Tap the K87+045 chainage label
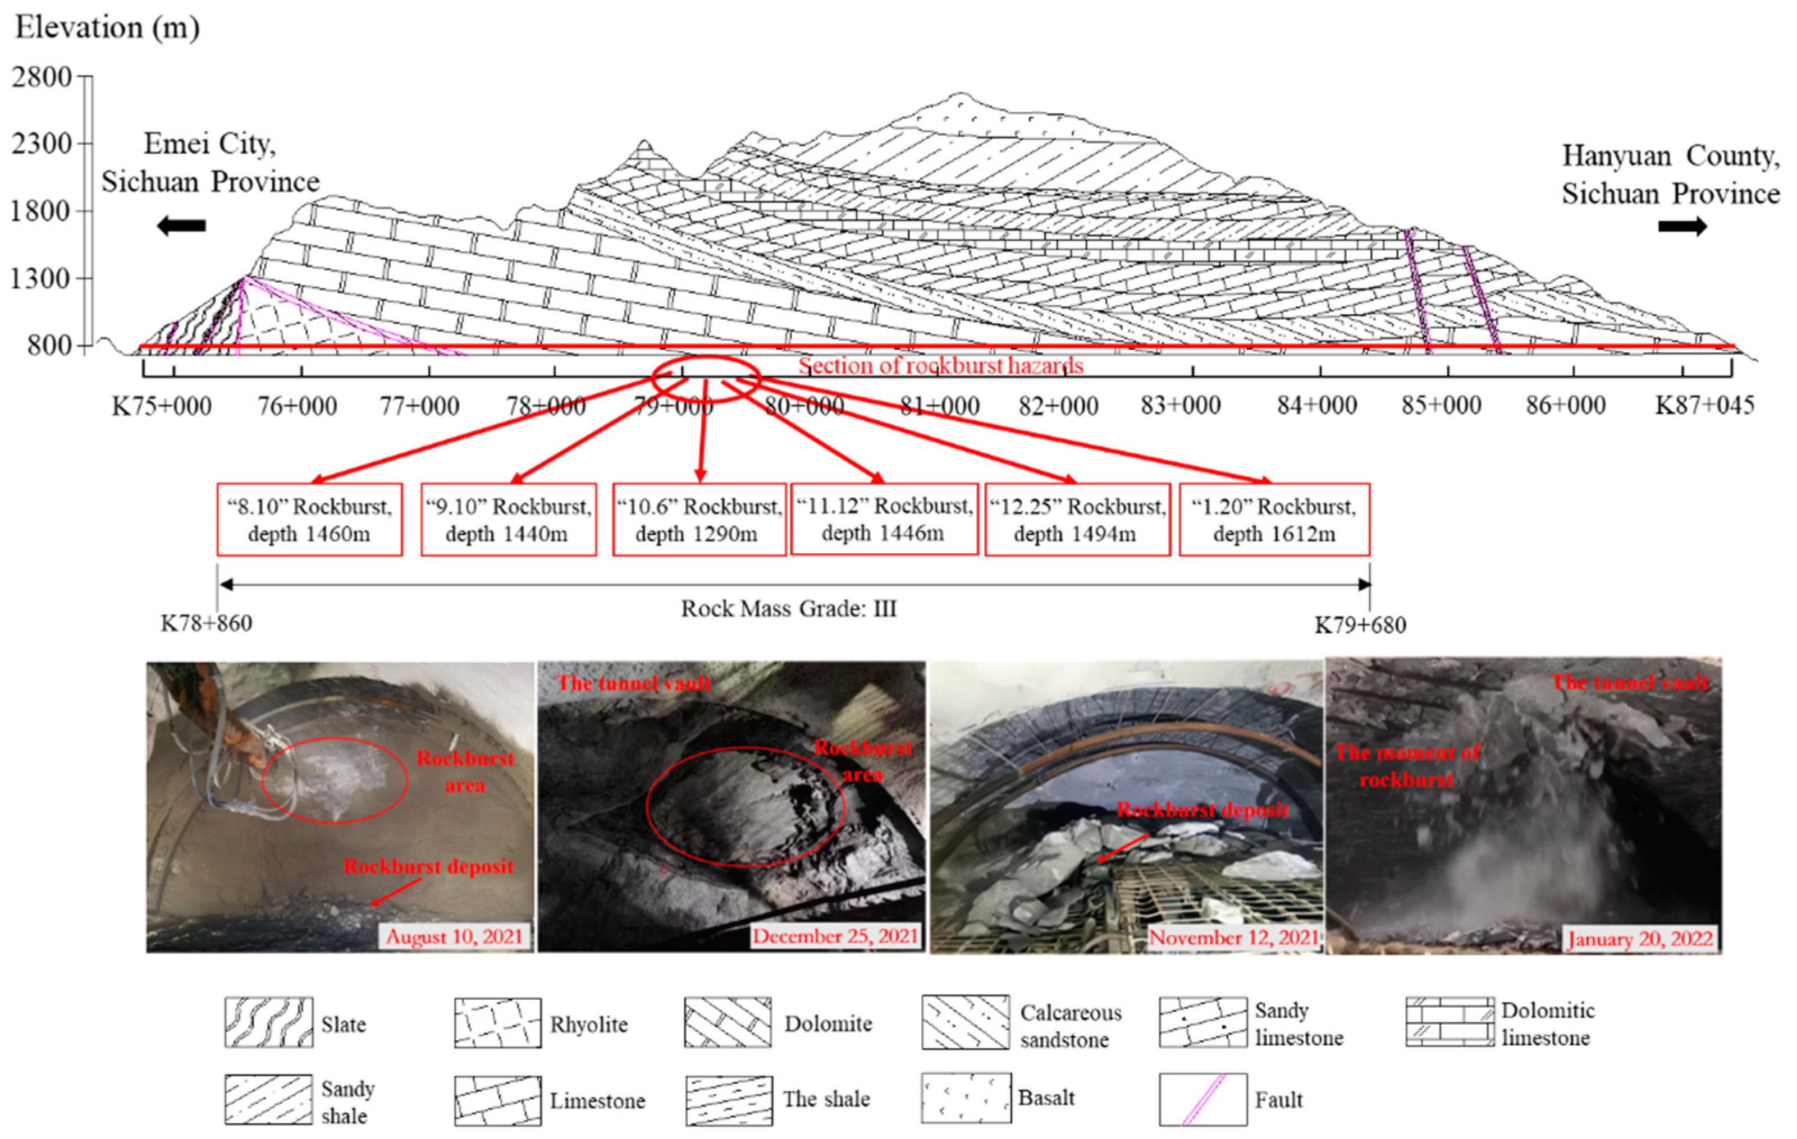pos(1704,405)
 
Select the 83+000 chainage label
pos(1181,405)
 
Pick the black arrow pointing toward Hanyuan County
pos(1682,226)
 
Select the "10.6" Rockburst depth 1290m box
pos(698,520)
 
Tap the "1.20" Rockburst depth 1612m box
pos(1274,520)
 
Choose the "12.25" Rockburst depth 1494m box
pos(1077,520)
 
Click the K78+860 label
pos(207,623)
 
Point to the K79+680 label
pos(1360,624)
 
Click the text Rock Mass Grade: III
pos(788,609)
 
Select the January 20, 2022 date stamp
pos(1640,938)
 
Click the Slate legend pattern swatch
pos(269,1023)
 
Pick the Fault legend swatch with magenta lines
pos(1202,1099)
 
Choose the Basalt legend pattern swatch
pos(966,1098)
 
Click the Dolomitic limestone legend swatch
pos(1450,1022)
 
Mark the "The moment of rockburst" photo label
pos(1406,766)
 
